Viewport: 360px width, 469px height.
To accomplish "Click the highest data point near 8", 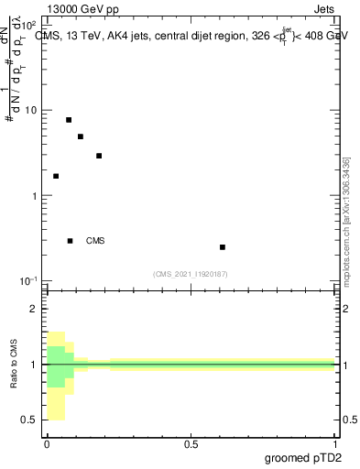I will tap(69, 120).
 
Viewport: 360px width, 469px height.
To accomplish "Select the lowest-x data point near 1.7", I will tap(56, 176).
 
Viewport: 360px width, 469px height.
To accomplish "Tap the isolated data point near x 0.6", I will tap(223, 247).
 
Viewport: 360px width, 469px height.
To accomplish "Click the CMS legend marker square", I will tap(71, 241).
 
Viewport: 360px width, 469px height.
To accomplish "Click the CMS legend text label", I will tap(95, 241).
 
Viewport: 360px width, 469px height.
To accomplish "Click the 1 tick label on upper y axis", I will tap(34, 196).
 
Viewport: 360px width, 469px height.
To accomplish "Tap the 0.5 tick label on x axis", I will tap(191, 444).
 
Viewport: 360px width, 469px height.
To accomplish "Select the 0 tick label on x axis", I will tap(47, 444).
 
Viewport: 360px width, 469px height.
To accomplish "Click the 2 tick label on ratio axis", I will tap(34, 309).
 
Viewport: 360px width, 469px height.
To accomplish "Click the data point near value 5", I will tap(81, 136).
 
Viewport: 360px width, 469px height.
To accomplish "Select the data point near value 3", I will tap(99, 156).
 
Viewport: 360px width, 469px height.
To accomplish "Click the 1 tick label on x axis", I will tap(335, 444).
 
